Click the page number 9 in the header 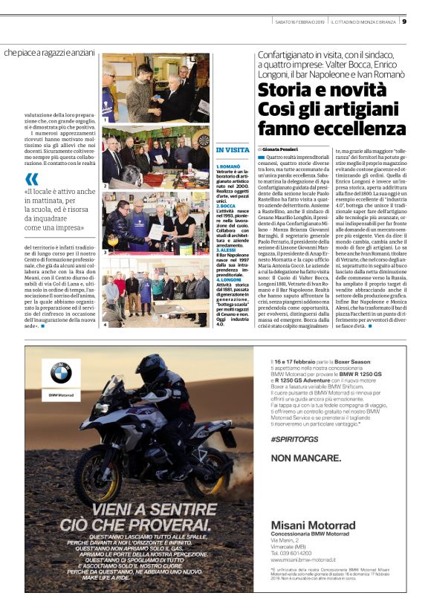pos(424,21)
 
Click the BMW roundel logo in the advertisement pos(60,373)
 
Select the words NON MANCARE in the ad pos(306,458)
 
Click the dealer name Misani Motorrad pos(313,525)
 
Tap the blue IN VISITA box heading pos(233,149)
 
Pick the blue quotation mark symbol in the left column pos(31,179)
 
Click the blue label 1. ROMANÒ pos(227,167)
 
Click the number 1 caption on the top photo pos(106,119)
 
